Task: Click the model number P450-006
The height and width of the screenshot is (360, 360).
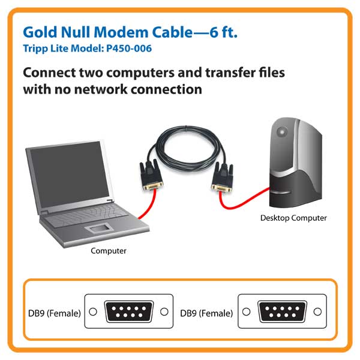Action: pos(129,49)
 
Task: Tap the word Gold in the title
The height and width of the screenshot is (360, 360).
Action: pos(40,32)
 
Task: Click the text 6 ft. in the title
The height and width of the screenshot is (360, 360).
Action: pos(223,32)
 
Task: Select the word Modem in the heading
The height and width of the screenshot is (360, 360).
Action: pos(121,32)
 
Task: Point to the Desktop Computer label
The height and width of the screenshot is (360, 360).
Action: pos(293,218)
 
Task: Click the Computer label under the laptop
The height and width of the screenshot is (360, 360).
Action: pos(109,251)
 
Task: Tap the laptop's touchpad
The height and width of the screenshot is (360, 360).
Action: pos(99,228)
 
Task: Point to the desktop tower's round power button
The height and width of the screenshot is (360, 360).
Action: pos(282,132)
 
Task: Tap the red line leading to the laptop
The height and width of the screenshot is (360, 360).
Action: pos(149,205)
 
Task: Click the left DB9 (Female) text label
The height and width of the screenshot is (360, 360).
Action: pos(55,313)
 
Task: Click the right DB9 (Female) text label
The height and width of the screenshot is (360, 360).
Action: pos(206,313)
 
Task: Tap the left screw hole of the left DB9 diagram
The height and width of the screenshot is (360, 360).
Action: pos(93,311)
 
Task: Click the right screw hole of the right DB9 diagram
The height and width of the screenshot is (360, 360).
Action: pos(317,311)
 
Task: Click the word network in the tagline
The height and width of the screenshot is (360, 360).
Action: pos(101,89)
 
